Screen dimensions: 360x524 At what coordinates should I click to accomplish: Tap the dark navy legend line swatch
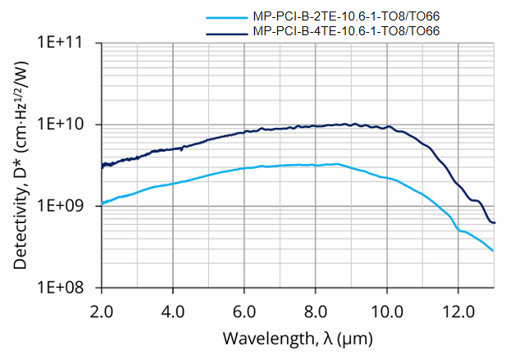click(224, 31)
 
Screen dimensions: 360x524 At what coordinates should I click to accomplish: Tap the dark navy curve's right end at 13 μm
click(494, 222)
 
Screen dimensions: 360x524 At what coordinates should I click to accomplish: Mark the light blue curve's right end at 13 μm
click(494, 251)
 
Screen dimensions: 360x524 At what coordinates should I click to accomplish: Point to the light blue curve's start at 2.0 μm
click(102, 204)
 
